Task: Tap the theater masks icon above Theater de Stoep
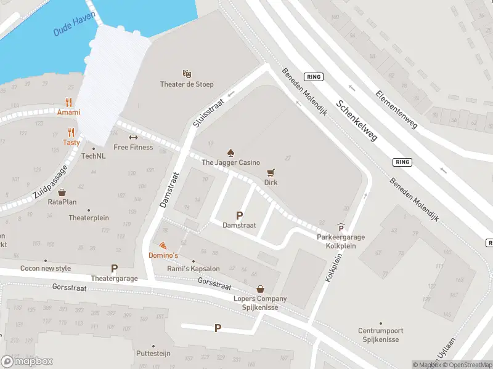[x=187, y=74]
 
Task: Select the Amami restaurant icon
[x=69, y=103]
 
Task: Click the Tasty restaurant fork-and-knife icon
[x=71, y=132]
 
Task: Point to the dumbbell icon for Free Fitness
[x=132, y=137]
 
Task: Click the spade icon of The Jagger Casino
[x=231, y=152]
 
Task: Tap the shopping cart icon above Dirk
[x=271, y=173]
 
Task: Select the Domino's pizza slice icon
[x=163, y=245]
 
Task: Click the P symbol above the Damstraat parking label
[x=239, y=215]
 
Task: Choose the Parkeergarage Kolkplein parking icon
[x=341, y=228]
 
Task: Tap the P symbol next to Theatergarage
[x=113, y=268]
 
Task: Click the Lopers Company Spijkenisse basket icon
[x=261, y=288]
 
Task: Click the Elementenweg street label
[x=396, y=107]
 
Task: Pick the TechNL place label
[x=94, y=156]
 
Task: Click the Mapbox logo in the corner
[x=27, y=362]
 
